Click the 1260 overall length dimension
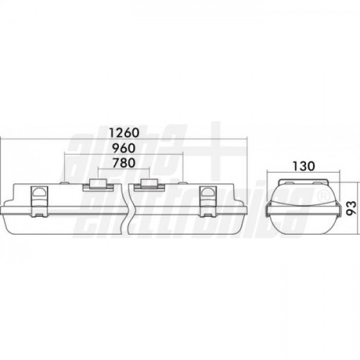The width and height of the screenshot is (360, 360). click(124, 133)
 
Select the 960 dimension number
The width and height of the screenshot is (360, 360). click(124, 148)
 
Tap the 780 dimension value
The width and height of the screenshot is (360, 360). click(124, 163)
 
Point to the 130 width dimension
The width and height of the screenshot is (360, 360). click(303, 166)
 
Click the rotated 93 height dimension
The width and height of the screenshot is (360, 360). click(351, 208)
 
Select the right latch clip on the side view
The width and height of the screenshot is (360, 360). click(208, 202)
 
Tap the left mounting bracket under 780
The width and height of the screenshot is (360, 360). click(98, 185)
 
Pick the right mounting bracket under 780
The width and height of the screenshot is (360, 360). click(149, 185)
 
